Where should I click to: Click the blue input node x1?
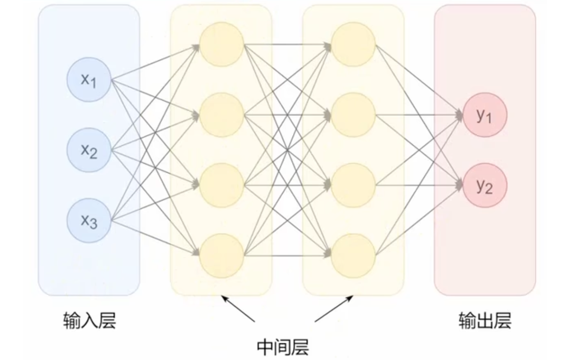(89, 80)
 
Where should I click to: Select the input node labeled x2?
(89, 150)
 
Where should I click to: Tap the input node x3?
(89, 221)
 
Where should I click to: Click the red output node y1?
(485, 115)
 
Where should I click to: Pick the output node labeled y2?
(485, 186)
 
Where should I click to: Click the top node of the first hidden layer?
(221, 44)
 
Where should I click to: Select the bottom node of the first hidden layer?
(221, 256)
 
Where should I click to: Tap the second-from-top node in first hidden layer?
(221, 115)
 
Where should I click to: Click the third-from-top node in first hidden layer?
(221, 186)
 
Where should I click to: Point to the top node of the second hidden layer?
(353, 44)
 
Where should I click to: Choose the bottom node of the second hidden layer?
(353, 256)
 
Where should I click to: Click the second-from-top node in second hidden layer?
(353, 115)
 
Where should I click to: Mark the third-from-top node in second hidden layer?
(353, 186)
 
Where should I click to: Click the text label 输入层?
(89, 320)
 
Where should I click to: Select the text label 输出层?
(485, 320)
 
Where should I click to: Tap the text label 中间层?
(283, 347)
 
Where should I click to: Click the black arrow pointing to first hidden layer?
(238, 309)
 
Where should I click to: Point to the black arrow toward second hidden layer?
(334, 309)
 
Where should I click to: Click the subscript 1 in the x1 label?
(93, 84)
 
